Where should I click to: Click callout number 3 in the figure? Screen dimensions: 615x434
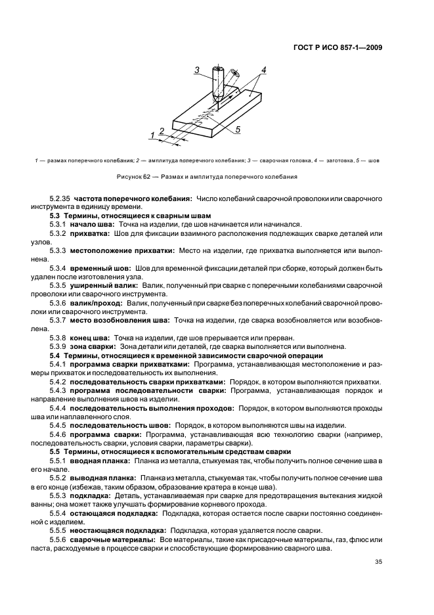point(196,70)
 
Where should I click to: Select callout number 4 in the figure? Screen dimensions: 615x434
point(262,69)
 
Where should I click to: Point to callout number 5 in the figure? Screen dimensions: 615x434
point(238,129)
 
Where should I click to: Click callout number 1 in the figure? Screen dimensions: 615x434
point(152,135)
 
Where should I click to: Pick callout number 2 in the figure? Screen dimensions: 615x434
point(161,131)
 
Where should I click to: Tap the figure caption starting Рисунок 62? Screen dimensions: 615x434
point(217,176)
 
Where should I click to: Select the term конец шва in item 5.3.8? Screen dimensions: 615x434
point(89,337)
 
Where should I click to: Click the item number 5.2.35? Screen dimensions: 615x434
point(60,198)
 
